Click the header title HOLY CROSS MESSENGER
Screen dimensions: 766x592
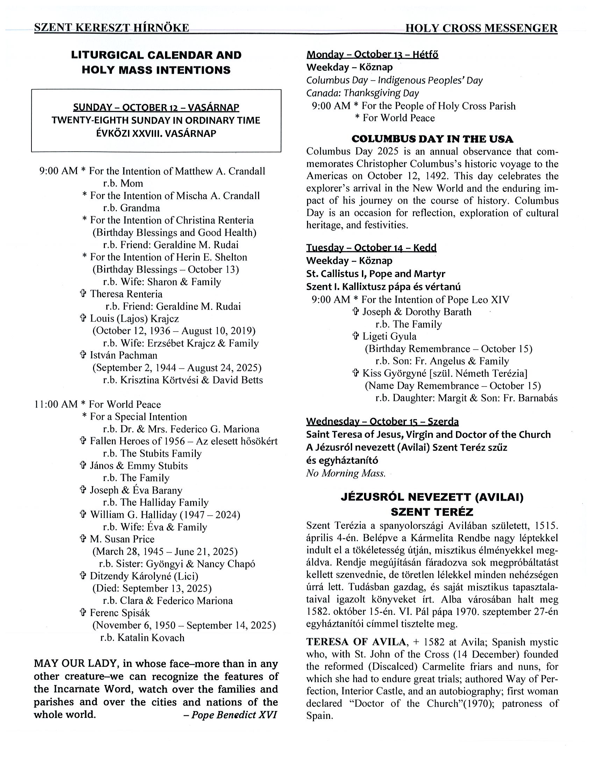click(481, 28)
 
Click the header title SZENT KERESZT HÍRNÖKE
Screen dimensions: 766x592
click(112, 28)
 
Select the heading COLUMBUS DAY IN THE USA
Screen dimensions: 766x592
click(432, 139)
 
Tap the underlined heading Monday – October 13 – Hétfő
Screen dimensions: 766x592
click(372, 55)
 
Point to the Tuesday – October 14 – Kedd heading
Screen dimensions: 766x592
click(371, 248)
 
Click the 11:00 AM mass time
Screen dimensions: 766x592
click(56, 404)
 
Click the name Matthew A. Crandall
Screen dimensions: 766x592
click(220, 171)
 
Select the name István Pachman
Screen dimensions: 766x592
click(123, 355)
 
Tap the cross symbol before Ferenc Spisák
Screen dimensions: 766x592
click(83, 613)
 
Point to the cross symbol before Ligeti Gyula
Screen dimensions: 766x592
click(356, 337)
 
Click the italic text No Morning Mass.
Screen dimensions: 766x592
click(346, 473)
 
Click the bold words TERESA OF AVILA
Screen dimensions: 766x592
click(356, 642)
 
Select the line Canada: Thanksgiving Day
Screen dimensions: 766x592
click(363, 93)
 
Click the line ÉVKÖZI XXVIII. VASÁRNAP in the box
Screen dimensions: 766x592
click(156, 133)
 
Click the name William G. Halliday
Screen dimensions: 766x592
click(133, 514)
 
